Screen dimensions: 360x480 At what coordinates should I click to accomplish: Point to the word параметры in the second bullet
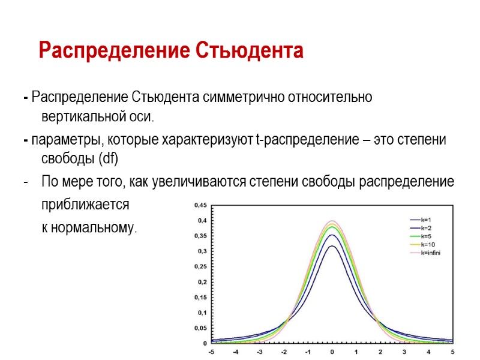[65, 140]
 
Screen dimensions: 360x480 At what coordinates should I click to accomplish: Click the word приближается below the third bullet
[85, 205]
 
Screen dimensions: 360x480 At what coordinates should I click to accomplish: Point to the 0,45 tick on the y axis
[199, 205]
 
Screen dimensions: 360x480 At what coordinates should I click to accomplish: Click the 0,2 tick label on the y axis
[202, 282]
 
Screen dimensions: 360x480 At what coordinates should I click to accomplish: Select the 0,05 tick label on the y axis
[199, 328]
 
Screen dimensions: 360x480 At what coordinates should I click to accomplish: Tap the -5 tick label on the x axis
[211, 352]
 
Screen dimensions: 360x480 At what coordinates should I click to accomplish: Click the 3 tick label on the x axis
[404, 352]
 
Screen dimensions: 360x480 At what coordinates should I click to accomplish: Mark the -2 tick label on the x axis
[284, 352]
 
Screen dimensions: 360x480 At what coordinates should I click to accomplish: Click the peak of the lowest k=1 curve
[332, 245]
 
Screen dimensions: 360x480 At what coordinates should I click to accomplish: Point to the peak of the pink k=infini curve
[332, 221]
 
